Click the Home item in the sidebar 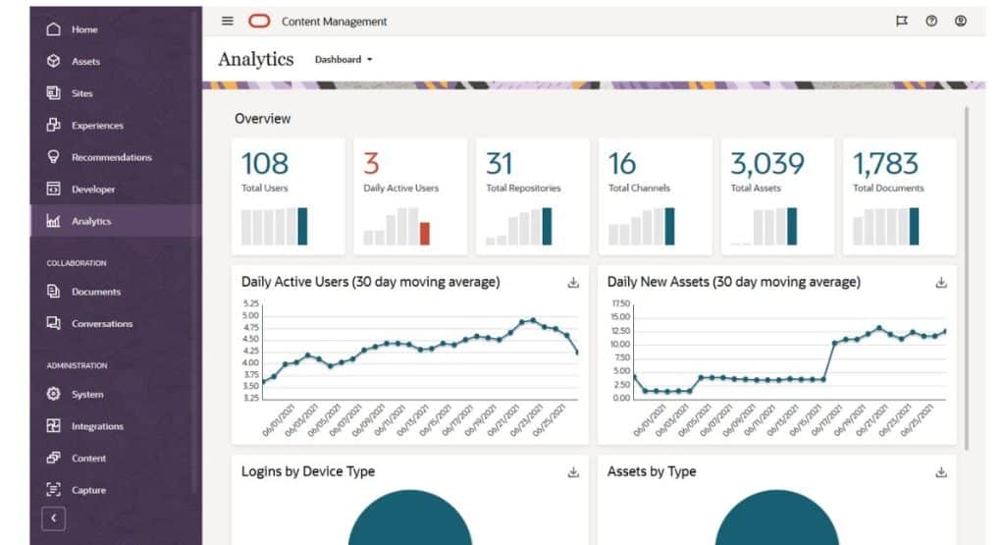(x=83, y=29)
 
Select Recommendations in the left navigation (x=111, y=157)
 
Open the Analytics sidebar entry (x=90, y=221)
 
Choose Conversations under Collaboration (x=101, y=323)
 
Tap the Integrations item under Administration (x=96, y=426)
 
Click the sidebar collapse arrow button (x=53, y=518)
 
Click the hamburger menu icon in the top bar (x=228, y=21)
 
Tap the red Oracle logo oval (x=259, y=21)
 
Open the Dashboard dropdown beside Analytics (x=344, y=60)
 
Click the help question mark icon (x=931, y=21)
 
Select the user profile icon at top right (x=961, y=21)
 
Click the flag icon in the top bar (x=902, y=21)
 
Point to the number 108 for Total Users (x=265, y=163)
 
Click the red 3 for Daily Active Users (x=371, y=163)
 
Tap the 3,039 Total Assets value (x=767, y=163)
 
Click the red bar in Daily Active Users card (x=425, y=233)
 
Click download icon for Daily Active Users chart (x=573, y=283)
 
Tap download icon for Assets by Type (x=941, y=472)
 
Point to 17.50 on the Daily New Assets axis (x=619, y=303)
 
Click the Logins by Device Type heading (x=308, y=471)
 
